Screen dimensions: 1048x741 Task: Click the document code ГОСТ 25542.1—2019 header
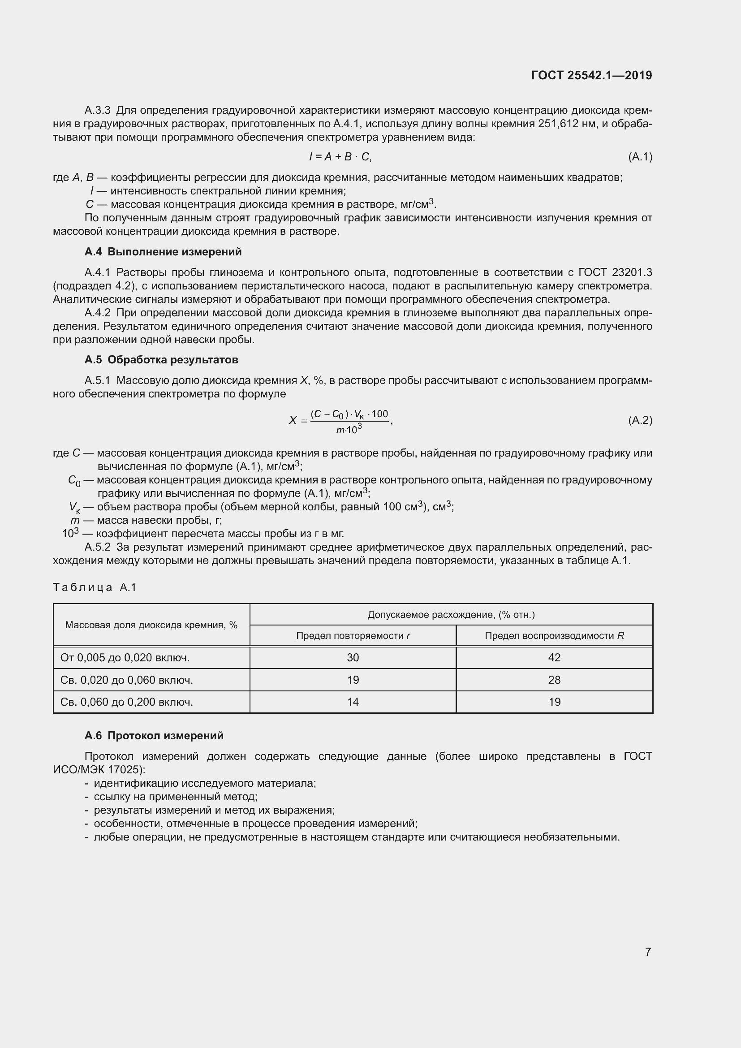[591, 75]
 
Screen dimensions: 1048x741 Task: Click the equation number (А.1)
[640, 157]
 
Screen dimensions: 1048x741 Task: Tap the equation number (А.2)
[640, 420]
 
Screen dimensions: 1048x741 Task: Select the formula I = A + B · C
[340, 157]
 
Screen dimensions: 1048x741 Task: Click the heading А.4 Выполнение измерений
[163, 252]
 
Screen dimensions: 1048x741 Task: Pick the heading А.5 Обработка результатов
[161, 360]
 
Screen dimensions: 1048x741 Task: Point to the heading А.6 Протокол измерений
[154, 735]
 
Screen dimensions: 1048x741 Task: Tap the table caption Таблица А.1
[95, 587]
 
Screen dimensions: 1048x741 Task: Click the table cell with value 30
[353, 657]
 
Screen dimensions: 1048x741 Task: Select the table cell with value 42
[554, 657]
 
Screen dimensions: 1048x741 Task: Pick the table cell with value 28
[554, 680]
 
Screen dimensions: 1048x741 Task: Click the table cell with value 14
[353, 702]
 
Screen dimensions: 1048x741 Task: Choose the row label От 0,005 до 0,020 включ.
[125, 657]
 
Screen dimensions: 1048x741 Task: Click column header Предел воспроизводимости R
[554, 635]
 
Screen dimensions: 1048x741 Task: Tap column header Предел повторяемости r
[353, 635]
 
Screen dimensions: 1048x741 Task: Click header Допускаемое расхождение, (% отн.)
[451, 614]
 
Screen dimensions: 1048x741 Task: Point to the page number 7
[647, 952]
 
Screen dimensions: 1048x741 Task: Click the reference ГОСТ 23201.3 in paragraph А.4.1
[615, 272]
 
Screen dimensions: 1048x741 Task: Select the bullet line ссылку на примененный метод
[175, 797]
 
